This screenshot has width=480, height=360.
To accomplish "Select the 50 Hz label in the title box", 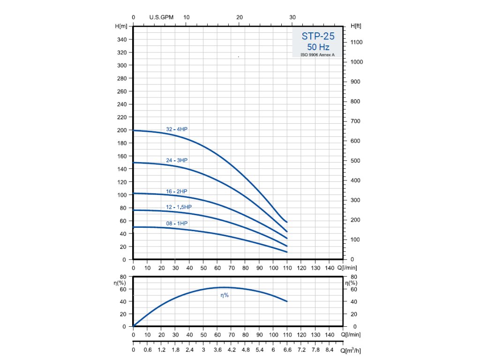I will [318, 47].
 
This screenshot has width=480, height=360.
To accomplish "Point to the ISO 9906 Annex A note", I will [318, 55].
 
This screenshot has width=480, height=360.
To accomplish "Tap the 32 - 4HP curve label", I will [177, 129].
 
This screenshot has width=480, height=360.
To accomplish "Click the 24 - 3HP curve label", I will [177, 160].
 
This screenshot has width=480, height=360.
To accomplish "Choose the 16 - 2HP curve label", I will [177, 191].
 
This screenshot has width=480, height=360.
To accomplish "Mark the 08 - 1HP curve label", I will [177, 224].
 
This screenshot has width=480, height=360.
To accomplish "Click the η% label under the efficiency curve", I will [225, 295].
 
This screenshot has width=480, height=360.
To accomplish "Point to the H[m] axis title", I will [121, 26].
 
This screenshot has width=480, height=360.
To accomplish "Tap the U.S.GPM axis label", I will [161, 17].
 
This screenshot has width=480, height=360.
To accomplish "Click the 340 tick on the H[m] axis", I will [121, 39].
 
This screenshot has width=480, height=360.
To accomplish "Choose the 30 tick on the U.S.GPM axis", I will [292, 17].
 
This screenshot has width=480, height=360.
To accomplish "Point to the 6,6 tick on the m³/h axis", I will [287, 350].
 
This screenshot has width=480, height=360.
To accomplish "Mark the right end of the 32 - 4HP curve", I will [287, 222].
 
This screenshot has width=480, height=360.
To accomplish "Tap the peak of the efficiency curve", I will [224, 287].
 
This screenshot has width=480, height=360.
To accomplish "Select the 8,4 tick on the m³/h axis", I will [329, 350].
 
